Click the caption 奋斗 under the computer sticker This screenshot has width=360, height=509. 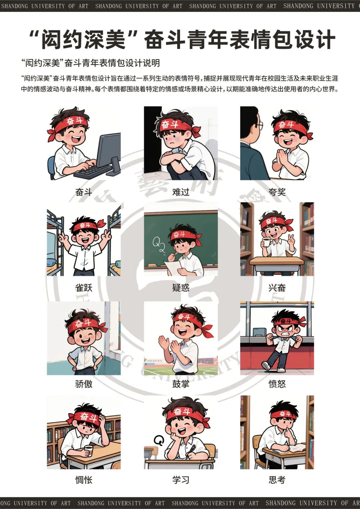(x=84, y=192)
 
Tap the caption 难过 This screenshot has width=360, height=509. (x=181, y=192)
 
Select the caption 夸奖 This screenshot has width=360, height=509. (x=277, y=192)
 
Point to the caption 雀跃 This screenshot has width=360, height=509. (x=84, y=288)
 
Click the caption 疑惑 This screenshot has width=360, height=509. (x=181, y=288)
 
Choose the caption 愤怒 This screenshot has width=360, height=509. (x=277, y=384)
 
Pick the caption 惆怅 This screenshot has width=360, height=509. (x=84, y=480)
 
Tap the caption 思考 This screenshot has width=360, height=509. (x=277, y=480)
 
